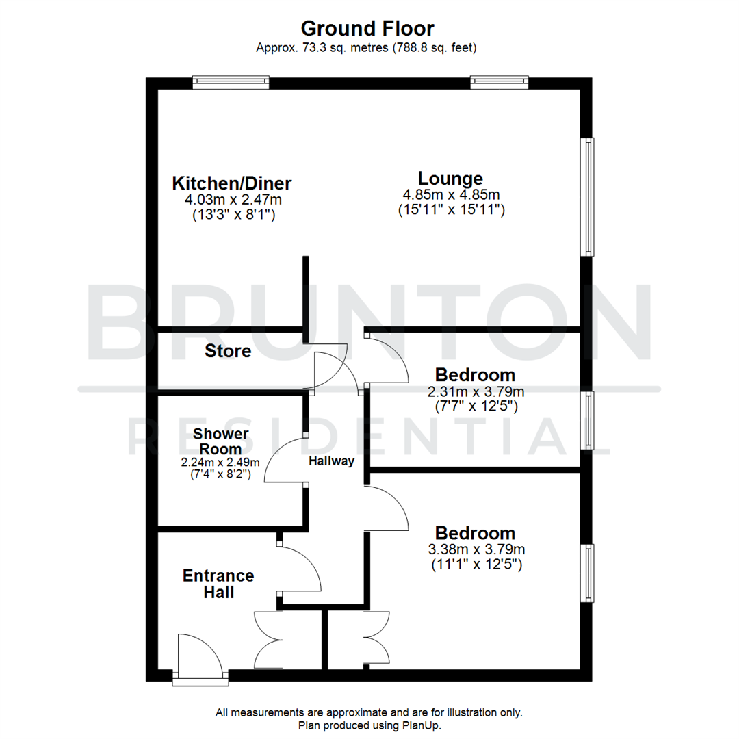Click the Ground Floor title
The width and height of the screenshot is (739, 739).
point(367,28)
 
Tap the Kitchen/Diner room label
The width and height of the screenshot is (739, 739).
point(232,183)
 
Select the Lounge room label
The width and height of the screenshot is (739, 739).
point(451,179)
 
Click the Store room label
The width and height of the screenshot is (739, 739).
point(228,352)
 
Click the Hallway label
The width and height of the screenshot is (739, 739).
point(331,461)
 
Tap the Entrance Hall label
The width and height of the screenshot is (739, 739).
point(218,584)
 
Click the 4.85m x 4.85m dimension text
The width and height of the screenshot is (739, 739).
point(451,195)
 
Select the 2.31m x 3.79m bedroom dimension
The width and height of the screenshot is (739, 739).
point(476,391)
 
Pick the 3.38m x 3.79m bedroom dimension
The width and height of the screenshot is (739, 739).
point(476,549)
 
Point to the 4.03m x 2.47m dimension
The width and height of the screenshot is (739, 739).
point(233,200)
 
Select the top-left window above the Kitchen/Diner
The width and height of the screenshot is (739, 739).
point(231,83)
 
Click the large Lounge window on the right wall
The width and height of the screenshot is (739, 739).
point(587,197)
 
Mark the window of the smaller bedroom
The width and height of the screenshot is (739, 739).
point(587,420)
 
